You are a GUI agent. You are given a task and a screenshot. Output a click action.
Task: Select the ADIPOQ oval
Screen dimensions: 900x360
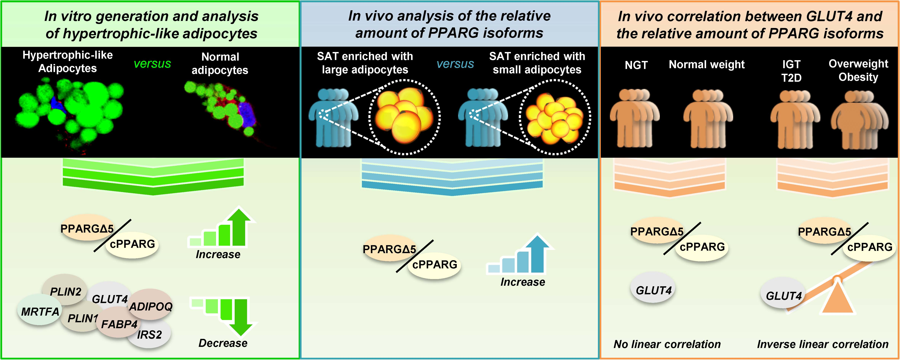(151, 305)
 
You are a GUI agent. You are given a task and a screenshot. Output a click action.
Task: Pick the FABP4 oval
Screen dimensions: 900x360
(119, 323)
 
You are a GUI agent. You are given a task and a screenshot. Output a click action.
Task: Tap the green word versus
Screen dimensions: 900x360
(152, 64)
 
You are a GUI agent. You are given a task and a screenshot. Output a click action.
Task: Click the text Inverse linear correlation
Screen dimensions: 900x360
(822, 344)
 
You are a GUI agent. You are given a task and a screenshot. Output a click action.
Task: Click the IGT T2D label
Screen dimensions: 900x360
(791, 71)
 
